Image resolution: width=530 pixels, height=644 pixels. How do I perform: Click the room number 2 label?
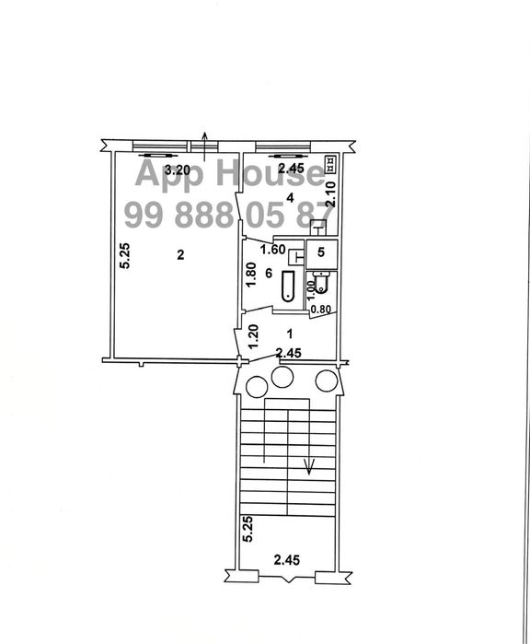point(180,255)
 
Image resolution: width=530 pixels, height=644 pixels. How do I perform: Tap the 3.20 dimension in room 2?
point(178,170)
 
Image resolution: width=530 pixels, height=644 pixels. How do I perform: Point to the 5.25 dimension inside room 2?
point(125,256)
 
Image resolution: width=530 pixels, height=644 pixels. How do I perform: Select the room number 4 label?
point(290,198)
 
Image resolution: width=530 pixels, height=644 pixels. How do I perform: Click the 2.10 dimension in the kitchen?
point(330,193)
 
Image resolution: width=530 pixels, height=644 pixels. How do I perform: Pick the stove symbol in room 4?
point(330,164)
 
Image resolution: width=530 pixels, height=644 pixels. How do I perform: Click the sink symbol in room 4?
point(318,228)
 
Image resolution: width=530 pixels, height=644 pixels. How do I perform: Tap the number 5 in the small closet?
point(321,252)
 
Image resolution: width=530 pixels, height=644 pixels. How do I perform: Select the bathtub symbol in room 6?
point(288,286)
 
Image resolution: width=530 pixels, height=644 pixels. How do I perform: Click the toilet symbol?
point(319,281)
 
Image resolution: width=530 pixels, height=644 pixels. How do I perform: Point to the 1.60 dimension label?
point(272,250)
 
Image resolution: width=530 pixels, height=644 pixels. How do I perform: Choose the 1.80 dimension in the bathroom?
point(250,275)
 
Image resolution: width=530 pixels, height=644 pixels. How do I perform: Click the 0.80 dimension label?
point(321,310)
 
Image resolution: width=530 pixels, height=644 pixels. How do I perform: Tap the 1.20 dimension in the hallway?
point(254,336)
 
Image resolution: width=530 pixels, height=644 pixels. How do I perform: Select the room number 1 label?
point(290,334)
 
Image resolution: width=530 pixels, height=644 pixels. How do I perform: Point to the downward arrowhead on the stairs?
point(308,466)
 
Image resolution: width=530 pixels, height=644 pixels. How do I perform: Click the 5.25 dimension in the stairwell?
point(248,530)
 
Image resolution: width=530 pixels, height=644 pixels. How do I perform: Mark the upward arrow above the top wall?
point(205,146)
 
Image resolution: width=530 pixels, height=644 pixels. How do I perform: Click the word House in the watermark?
point(270,173)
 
